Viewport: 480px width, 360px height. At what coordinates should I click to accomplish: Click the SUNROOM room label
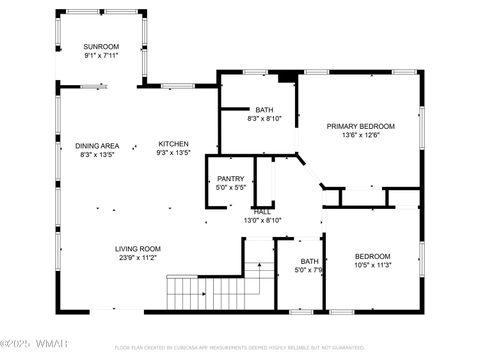tap(101, 47)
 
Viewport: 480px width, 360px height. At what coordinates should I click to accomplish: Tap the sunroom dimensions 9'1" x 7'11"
tap(101, 56)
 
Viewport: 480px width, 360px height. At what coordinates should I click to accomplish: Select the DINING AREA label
tap(97, 145)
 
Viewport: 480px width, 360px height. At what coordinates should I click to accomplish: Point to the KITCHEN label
tap(173, 145)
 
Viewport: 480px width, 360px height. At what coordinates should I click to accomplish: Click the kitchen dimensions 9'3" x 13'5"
tap(173, 154)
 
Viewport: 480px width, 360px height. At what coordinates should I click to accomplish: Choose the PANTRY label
tap(231, 179)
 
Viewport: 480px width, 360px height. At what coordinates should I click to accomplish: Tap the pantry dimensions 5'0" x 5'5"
tap(231, 188)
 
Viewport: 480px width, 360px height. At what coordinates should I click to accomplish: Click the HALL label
tap(262, 212)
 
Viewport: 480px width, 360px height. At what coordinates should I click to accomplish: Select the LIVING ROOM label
tap(137, 248)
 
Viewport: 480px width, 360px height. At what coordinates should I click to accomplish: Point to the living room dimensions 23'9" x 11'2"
tap(137, 257)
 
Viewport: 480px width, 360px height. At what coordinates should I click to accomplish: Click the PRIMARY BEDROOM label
tap(361, 126)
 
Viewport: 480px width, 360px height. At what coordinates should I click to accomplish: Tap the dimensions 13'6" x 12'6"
tap(361, 135)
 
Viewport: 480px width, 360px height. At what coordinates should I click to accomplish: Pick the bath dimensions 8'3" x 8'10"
tap(264, 119)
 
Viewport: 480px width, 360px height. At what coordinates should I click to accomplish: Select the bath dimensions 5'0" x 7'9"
tap(307, 269)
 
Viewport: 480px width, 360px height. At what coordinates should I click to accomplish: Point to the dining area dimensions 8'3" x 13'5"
tap(97, 154)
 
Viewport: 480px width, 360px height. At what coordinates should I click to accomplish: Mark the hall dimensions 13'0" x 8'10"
tap(262, 220)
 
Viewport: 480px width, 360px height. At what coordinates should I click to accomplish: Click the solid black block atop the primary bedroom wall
tap(287, 76)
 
